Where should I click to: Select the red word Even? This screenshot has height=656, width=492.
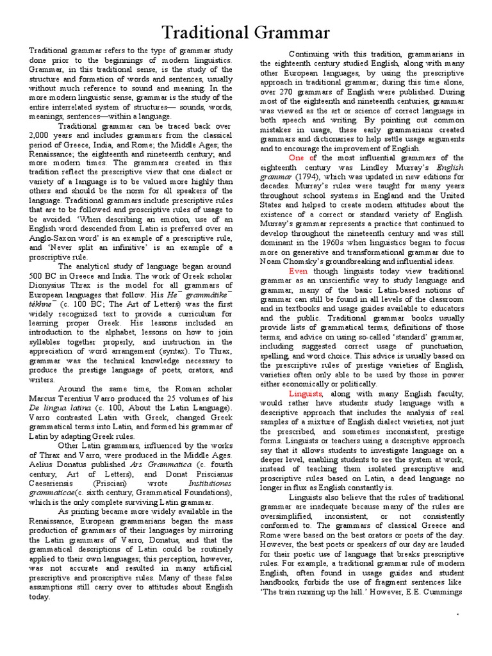pyautogui.click(x=299, y=271)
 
